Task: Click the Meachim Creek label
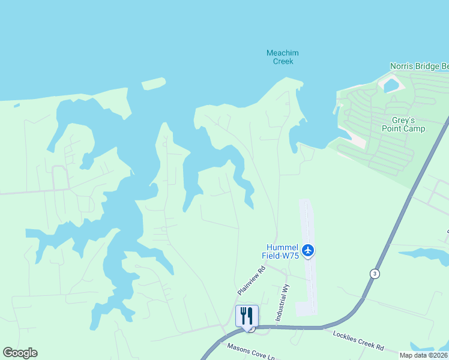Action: click(x=282, y=57)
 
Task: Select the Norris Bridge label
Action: click(x=419, y=66)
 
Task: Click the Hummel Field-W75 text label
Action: click(x=280, y=251)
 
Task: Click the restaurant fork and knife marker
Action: click(x=247, y=316)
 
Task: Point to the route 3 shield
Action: click(x=375, y=274)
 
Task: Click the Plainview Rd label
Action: click(x=251, y=281)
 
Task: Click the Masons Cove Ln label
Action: click(x=250, y=352)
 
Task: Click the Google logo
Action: click(x=20, y=353)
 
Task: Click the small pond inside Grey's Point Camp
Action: click(x=391, y=86)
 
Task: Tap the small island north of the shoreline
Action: click(x=153, y=83)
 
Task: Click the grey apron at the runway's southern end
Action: click(x=306, y=308)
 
